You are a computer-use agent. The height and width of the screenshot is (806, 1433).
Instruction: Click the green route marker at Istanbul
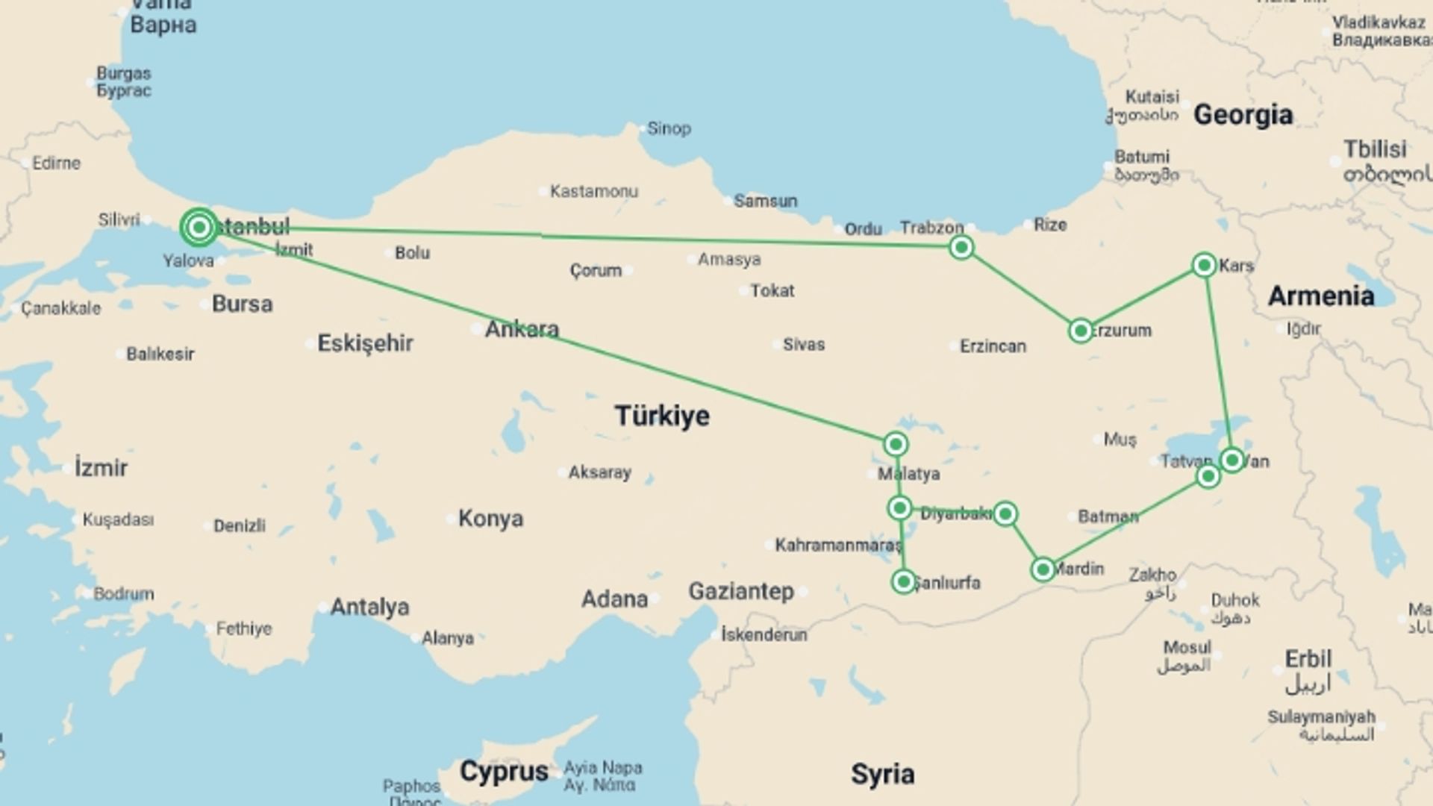click(x=199, y=227)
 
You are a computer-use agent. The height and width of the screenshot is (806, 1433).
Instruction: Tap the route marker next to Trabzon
click(x=961, y=247)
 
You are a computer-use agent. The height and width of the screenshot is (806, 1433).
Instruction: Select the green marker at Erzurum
click(x=1080, y=331)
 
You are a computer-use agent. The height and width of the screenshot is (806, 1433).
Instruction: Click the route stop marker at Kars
click(x=1204, y=265)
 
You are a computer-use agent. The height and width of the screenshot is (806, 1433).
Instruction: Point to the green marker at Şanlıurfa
click(x=903, y=581)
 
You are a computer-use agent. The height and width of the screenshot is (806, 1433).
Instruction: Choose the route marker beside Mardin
click(x=1043, y=570)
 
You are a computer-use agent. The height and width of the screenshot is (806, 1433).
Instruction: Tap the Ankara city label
click(x=522, y=328)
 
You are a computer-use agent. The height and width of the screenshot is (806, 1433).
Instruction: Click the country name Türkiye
click(x=662, y=416)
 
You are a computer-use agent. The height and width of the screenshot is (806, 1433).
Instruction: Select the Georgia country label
click(x=1243, y=114)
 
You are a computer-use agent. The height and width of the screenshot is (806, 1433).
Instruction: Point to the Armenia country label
click(x=1321, y=296)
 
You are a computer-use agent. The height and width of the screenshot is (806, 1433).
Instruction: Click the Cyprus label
click(x=504, y=771)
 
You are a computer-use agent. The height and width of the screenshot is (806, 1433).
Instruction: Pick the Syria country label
click(x=882, y=774)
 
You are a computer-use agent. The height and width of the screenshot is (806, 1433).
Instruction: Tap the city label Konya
click(x=490, y=518)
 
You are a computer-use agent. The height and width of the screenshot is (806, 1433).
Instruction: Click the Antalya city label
click(x=369, y=607)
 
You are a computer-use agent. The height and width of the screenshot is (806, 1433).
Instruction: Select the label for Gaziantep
click(x=741, y=591)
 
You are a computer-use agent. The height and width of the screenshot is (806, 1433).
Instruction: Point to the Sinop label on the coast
click(x=669, y=128)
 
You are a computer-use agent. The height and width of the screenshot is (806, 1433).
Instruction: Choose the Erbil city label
click(x=1308, y=659)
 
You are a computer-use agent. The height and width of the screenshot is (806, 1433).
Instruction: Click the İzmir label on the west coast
click(x=101, y=468)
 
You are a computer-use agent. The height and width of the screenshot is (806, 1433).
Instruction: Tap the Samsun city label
click(x=765, y=201)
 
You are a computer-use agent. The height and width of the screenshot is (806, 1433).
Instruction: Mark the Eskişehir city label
click(x=365, y=343)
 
